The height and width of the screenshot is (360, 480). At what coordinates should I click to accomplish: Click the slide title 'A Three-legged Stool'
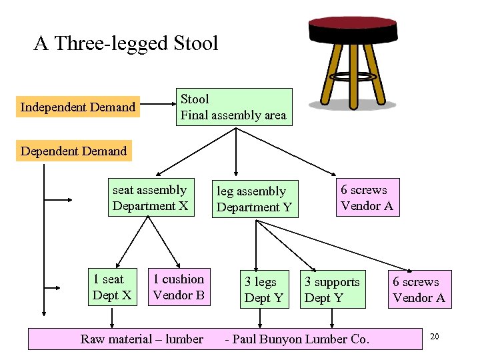pyautogui.click(x=126, y=43)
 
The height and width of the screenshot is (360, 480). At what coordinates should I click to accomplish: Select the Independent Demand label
pyautogui.click(x=78, y=107)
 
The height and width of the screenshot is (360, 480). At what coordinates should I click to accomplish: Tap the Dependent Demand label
pyautogui.click(x=73, y=151)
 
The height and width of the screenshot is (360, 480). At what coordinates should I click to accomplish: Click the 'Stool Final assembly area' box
pyautogui.click(x=233, y=107)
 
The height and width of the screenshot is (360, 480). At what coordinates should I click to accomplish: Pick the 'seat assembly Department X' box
pyautogui.click(x=150, y=197)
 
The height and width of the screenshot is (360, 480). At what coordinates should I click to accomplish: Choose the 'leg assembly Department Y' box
pyautogui.click(x=254, y=199)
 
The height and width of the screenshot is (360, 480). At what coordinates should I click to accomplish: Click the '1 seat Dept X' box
pyautogui.click(x=112, y=287)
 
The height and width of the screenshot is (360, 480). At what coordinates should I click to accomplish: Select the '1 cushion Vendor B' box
pyautogui.click(x=179, y=287)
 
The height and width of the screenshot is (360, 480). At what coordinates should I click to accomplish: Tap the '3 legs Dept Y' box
pyautogui.click(x=264, y=289)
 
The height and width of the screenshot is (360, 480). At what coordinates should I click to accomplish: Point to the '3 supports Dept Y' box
pyautogui.click(x=332, y=289)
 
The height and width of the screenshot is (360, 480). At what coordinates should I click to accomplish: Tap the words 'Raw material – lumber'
pyautogui.click(x=142, y=339)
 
